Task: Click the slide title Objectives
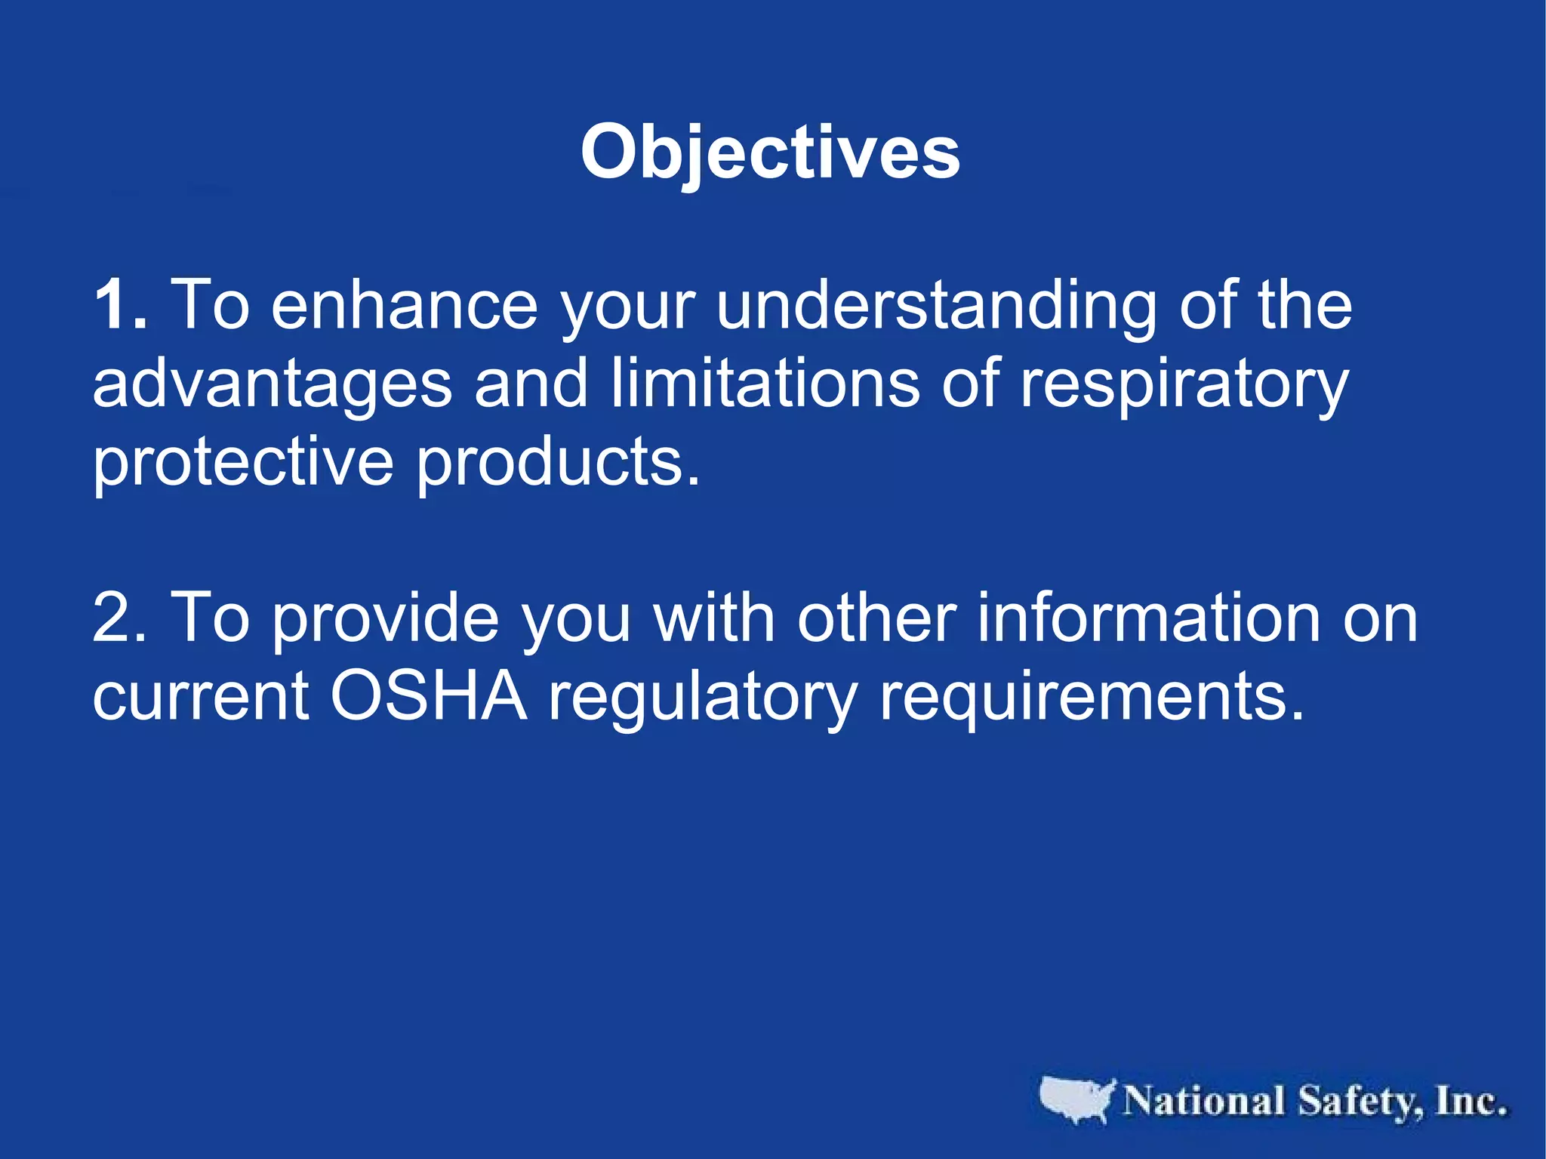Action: [x=770, y=153]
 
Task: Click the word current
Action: [x=200, y=696]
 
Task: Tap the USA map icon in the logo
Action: [x=1076, y=1099]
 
